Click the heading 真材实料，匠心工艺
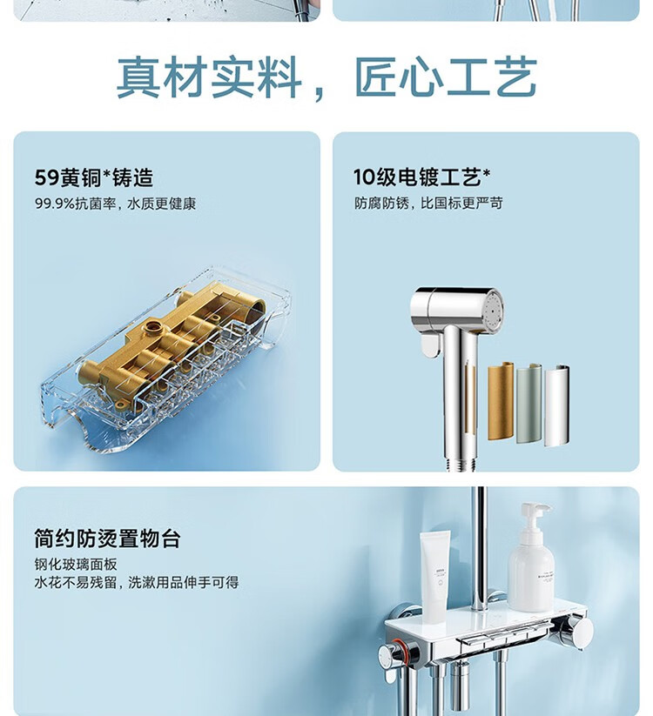coord(326,77)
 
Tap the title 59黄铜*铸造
coord(94,177)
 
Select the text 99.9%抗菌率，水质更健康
coord(115,204)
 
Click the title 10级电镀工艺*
coord(421,177)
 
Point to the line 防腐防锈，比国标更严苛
coord(428,204)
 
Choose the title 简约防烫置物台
coord(107,539)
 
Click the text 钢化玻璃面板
coord(76,565)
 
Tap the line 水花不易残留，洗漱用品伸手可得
coord(136,583)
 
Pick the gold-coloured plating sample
coord(501,401)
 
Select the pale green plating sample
coord(529,404)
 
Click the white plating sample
coord(556,405)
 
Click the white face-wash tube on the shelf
coord(434,576)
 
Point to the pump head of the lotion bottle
coord(535,513)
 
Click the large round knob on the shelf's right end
coord(578,632)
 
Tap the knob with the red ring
coord(393,654)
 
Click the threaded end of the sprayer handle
coord(461,464)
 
